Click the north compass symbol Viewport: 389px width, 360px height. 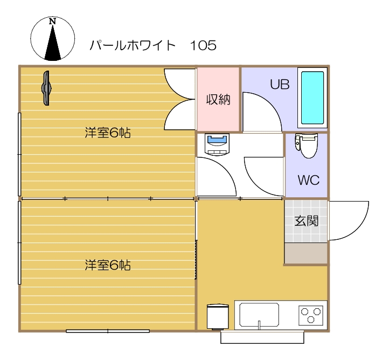coord(52,39)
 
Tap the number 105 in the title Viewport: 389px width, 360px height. coord(203,46)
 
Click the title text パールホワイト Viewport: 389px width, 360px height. coord(133,46)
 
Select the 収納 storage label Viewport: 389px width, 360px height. coord(218,100)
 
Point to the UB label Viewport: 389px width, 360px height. coord(280,85)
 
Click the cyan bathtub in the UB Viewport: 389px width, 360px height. coord(312,98)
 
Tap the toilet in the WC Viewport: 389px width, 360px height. coord(308,146)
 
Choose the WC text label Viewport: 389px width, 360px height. coord(308,180)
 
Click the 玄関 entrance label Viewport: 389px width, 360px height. coord(305,221)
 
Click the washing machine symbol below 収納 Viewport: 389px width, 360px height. coord(217,144)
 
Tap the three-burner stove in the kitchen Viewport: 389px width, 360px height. coord(311,315)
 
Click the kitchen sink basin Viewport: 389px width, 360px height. coord(259,315)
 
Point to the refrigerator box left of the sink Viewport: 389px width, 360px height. coord(218,316)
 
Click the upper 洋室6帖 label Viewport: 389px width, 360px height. coord(108,133)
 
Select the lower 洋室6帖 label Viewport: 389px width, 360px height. coord(108,265)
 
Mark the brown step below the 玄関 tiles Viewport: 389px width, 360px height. coord(305,253)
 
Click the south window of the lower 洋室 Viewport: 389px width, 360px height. coord(108,330)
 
